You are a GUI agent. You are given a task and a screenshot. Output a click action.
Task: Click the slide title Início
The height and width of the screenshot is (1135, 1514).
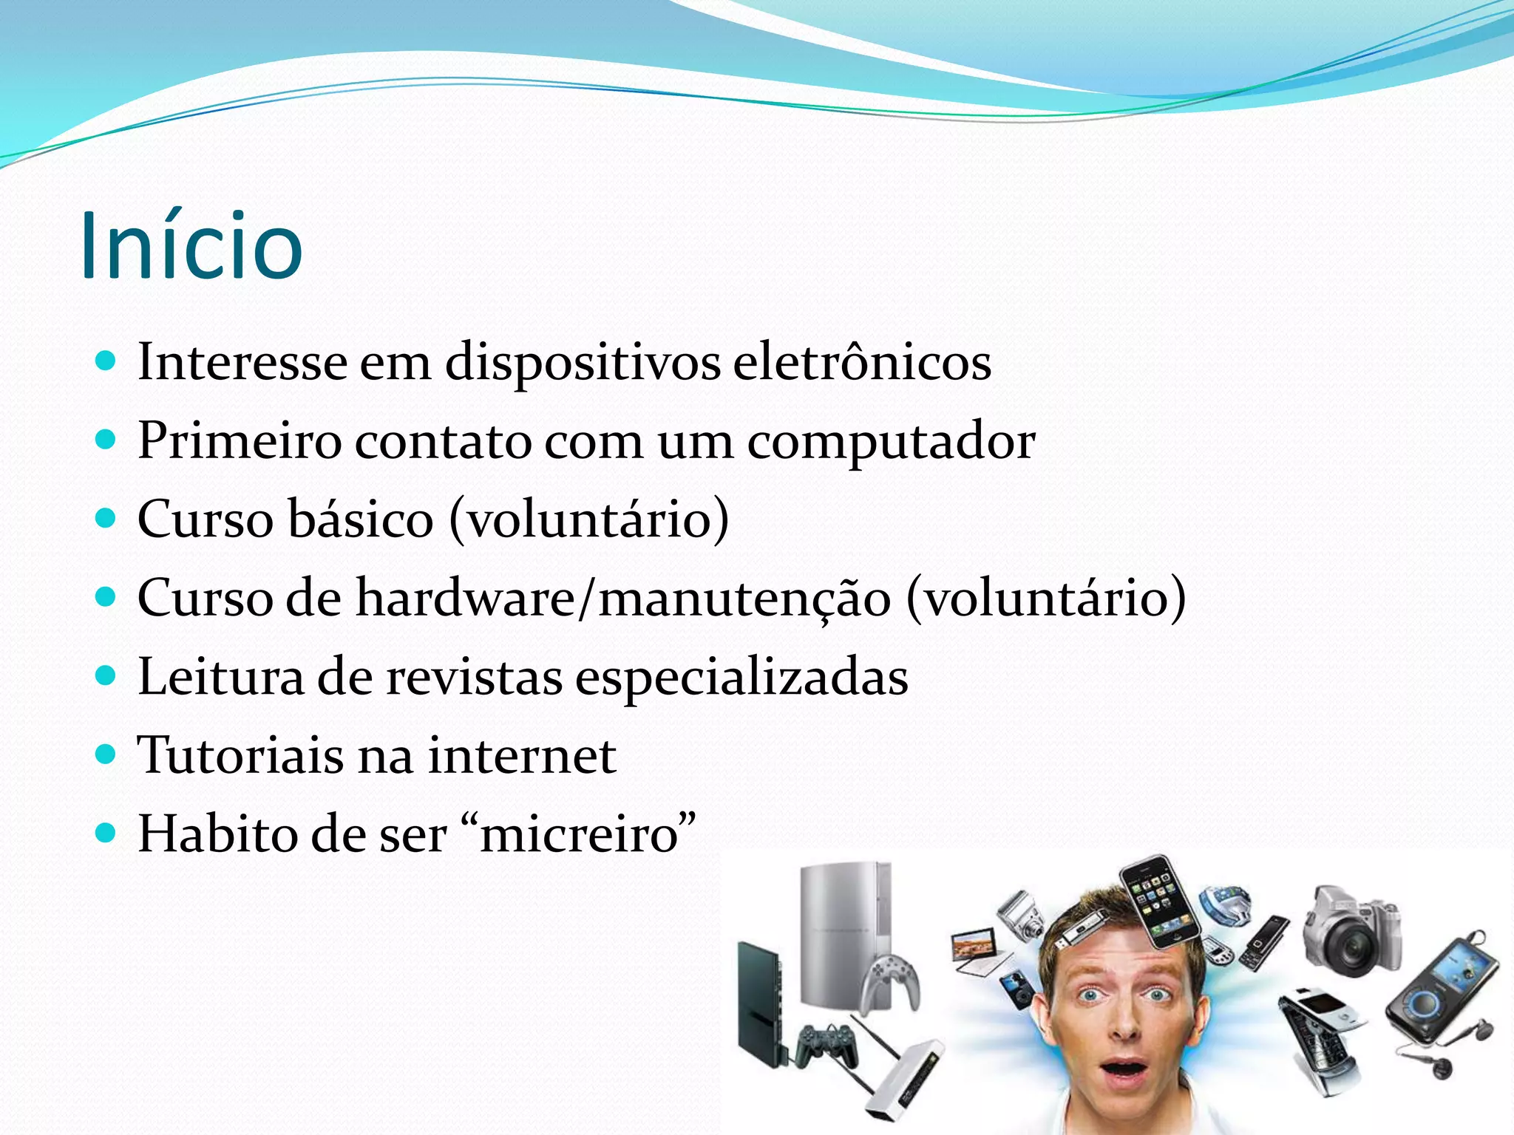coord(191,245)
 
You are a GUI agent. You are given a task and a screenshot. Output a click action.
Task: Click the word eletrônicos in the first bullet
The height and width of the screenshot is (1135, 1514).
coord(862,362)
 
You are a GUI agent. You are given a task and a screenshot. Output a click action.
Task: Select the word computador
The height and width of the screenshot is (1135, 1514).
coord(891,441)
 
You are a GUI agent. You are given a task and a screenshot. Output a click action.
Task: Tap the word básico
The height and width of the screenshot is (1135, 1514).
coord(359,519)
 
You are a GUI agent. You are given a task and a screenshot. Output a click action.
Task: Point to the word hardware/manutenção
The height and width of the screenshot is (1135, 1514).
coord(623,598)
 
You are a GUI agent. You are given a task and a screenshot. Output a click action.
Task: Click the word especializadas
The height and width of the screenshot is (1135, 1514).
coord(741,677)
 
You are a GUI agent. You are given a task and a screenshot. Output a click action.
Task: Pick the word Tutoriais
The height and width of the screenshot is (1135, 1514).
coord(240,755)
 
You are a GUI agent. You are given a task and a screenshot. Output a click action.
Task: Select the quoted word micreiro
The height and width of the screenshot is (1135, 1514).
coord(580,835)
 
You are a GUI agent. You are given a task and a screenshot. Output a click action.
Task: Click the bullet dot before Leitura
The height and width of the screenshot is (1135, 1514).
coord(106,675)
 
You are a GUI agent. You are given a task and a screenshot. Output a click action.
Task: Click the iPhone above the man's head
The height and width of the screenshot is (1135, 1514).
coord(1159,901)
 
